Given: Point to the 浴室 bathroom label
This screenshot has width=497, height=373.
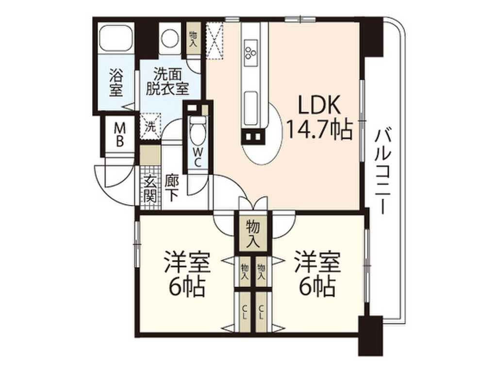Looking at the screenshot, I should coord(116,83).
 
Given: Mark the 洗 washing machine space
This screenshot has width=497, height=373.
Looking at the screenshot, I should coord(151,126).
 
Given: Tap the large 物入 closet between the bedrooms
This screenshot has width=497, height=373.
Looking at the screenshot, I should coord(252,233).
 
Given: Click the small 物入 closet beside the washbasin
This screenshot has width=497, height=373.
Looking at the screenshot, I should coord(193,38).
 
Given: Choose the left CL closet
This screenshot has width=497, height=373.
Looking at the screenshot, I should coord(245,311).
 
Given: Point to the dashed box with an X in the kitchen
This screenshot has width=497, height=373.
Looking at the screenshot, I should coord(215,40).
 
